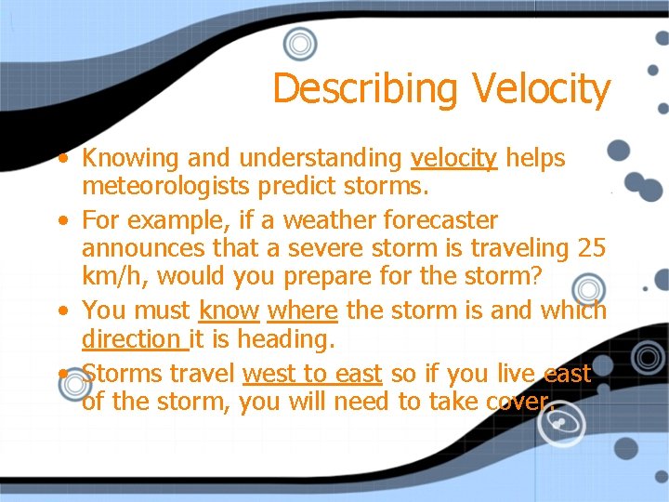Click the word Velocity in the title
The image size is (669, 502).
pyautogui.click(x=541, y=89)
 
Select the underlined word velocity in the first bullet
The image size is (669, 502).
pyautogui.click(x=453, y=159)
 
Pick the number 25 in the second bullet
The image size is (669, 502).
pyautogui.click(x=591, y=249)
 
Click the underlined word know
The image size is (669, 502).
pyautogui.click(x=229, y=310)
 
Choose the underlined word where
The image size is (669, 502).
pyautogui.click(x=302, y=310)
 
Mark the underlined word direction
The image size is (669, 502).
pyautogui.click(x=133, y=339)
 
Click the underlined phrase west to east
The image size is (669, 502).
pyautogui.click(x=311, y=374)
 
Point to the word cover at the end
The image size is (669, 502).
pyautogui.click(x=520, y=402)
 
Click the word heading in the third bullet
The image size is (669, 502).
pyautogui.click(x=283, y=339)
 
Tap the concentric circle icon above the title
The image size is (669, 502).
pyautogui.click(x=300, y=44)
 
